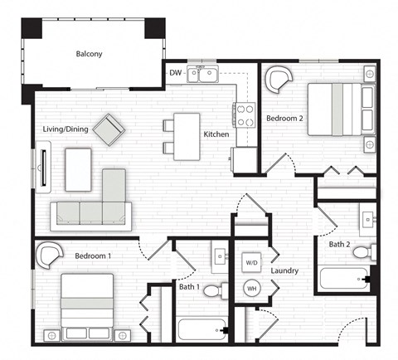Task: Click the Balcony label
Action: coord(89,54)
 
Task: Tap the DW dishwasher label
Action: coord(175,73)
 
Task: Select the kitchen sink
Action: coord(203,75)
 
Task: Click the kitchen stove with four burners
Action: coord(245,114)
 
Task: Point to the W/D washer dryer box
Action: coord(251,263)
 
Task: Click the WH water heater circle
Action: coord(251,289)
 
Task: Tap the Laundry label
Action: coord(284,271)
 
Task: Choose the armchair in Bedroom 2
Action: coord(279,80)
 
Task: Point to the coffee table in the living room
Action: coord(78,168)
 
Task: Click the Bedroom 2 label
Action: coord(284,119)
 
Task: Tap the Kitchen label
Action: coord(216,134)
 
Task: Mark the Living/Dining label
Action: coord(66,129)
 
